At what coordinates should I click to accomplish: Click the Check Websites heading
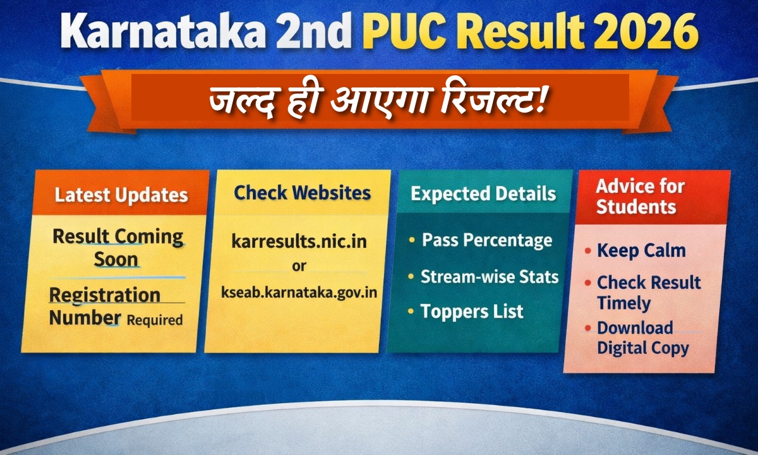point(302,193)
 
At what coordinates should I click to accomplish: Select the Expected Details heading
point(483,193)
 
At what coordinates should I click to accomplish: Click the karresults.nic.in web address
point(299,241)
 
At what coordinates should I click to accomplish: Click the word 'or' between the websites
point(299,267)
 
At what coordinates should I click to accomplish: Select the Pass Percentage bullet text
point(486,241)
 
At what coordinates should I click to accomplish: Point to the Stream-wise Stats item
point(490,277)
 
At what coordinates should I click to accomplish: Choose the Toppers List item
point(472,312)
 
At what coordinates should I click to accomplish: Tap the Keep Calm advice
point(641,251)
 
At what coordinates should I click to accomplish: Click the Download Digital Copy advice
point(642,338)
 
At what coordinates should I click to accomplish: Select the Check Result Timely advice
point(648,293)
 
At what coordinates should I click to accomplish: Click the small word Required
point(154,320)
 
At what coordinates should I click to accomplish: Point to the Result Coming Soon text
point(117,247)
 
